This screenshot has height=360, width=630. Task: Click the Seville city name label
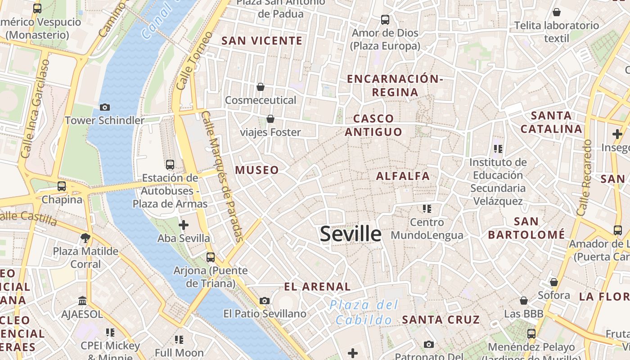351,234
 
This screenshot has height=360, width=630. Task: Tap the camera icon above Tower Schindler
105,107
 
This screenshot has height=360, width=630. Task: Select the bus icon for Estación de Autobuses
170,165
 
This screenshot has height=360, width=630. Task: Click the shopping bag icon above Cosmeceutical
260,87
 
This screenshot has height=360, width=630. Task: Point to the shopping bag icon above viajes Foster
270,119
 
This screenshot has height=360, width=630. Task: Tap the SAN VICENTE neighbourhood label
262,41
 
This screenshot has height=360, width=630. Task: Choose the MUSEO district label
257,170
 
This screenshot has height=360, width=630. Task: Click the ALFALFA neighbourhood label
403,176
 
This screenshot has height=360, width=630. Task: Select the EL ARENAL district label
317,287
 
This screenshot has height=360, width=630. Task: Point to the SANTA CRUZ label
441,319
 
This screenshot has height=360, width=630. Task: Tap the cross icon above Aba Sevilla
184,225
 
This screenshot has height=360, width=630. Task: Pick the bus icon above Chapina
62,186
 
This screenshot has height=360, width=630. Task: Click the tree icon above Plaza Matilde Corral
85,238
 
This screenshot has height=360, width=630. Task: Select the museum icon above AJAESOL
82,301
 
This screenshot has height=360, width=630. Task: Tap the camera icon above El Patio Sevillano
265,301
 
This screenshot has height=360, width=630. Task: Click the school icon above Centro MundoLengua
427,208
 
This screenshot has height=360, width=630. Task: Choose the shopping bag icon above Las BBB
524,300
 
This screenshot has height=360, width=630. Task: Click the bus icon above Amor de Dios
385,19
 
